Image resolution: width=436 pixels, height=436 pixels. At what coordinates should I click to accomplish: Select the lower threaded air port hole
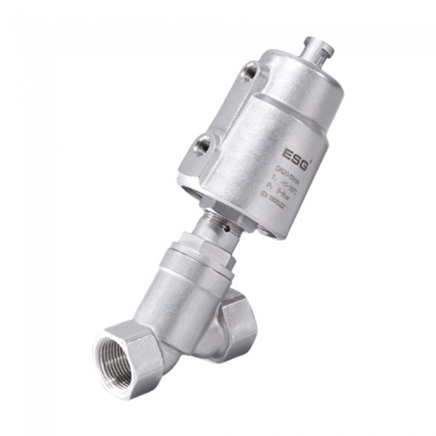[203, 142]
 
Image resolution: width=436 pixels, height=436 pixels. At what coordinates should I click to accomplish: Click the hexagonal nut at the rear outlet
[240, 319]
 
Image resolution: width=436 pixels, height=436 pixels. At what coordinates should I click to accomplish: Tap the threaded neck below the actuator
[216, 221]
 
